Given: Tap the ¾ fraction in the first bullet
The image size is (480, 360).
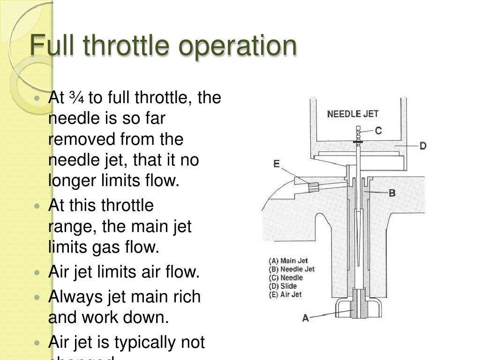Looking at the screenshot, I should pos(75,98).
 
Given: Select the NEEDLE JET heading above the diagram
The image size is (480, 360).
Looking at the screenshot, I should pos(352,114).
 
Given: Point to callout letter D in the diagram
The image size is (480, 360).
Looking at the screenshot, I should pos(423,146).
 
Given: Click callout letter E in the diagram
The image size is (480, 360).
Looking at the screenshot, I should pos(277,164).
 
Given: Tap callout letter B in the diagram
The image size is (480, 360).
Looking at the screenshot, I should pos(392,193).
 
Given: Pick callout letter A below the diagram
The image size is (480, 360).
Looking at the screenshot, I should pos(306,318).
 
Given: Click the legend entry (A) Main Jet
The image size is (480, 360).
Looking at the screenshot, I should pos(288,261).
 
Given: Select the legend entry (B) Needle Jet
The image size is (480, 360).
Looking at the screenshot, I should pos(291,270).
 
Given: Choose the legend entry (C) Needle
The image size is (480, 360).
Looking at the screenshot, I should pos(285,278).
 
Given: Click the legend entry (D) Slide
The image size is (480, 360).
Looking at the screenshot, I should pos(282,286).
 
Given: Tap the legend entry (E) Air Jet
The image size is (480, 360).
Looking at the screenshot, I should pos(285,295).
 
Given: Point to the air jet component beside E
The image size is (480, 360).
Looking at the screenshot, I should pos(313,187).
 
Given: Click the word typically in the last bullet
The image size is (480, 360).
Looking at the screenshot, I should pos(139,343).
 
